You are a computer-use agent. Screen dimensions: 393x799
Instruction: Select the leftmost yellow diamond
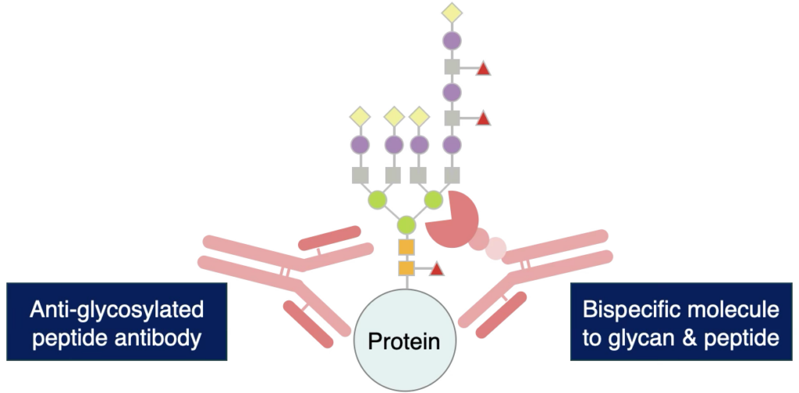(x=360, y=117)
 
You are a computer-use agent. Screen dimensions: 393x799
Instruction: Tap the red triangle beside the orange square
(x=437, y=269)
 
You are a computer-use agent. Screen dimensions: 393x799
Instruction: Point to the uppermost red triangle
(x=483, y=69)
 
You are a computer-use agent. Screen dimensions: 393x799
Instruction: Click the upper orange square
(x=407, y=247)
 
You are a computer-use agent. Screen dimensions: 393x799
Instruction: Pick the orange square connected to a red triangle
(x=407, y=268)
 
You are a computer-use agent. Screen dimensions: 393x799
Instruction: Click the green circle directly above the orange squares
(x=407, y=226)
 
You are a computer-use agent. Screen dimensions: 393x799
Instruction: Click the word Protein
(x=403, y=341)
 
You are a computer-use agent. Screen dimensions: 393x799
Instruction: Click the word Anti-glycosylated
(x=116, y=310)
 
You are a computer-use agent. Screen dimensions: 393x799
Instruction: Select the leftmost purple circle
(x=360, y=144)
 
